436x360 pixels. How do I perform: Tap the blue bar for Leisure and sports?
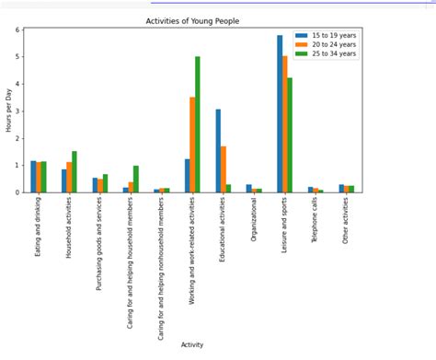point(280,114)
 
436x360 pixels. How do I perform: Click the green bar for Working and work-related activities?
point(198,124)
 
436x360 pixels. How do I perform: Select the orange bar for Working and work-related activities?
point(192,145)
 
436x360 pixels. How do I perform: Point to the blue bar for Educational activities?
point(218,151)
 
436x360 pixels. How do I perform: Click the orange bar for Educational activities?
point(224,169)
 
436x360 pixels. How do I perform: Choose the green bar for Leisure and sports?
point(291,135)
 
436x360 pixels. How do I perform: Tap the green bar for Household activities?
point(75,171)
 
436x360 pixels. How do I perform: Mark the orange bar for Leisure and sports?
point(285,124)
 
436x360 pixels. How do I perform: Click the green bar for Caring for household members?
point(136,179)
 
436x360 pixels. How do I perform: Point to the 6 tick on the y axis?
point(16,29)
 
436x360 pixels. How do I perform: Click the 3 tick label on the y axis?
point(16,111)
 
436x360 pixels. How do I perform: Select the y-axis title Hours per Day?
point(7,111)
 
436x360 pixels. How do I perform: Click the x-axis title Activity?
point(193,344)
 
